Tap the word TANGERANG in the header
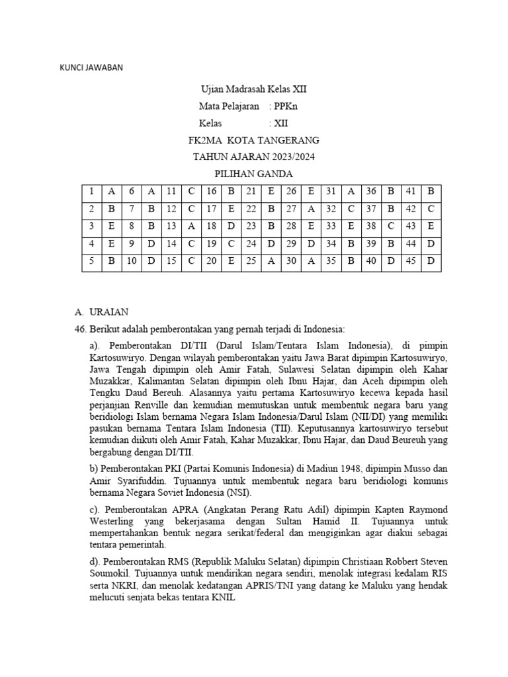(x=286, y=140)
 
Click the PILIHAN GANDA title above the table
(x=254, y=174)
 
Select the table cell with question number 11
(x=171, y=192)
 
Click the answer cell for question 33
(x=351, y=226)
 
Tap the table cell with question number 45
(x=411, y=260)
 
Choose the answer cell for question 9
(x=151, y=243)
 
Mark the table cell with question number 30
(x=291, y=260)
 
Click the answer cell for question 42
(x=431, y=209)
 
